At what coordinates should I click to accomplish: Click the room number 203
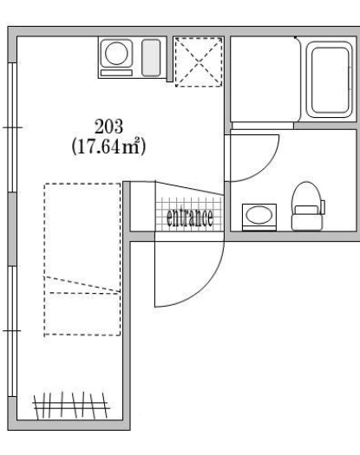coord(108,127)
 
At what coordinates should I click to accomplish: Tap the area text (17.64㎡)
coord(108,146)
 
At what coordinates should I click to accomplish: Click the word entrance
coord(190,217)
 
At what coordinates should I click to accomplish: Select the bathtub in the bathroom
coord(330,80)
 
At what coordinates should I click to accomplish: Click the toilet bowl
coord(307,196)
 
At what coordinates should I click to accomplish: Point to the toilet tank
coord(307,221)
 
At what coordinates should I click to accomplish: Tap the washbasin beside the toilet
coord(259,217)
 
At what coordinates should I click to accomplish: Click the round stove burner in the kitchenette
coord(116,54)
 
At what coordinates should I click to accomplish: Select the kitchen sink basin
coord(151,58)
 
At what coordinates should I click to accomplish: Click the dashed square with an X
coord(199,62)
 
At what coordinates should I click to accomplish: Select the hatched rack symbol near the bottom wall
coord(71,406)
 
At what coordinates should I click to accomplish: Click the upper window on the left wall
coord(12,127)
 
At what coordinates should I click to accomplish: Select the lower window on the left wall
coord(12,331)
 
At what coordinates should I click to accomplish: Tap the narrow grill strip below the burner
coord(116,73)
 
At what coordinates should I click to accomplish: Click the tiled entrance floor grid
coord(189,214)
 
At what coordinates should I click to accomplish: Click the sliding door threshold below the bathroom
coord(262,126)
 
